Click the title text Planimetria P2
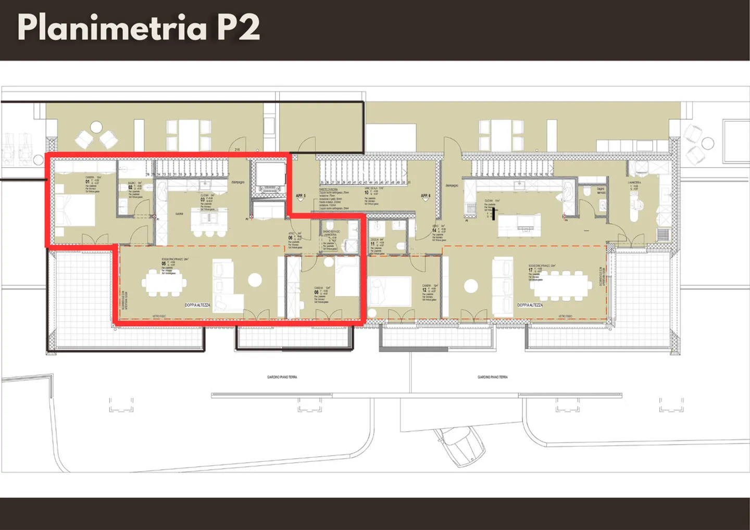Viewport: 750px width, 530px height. pos(138,27)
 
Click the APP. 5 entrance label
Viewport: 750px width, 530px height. pos(301,196)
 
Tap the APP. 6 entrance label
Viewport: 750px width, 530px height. pos(426,196)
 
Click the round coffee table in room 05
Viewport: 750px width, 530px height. pos(255,280)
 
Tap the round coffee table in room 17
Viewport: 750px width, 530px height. pos(471,286)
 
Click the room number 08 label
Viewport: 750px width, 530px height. pos(316,292)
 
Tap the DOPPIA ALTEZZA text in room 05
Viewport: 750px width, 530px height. pos(197,305)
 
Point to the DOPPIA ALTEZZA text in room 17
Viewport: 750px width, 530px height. pos(530,305)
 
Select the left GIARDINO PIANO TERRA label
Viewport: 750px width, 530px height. pos(282,377)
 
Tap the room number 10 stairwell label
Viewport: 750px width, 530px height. pos(367,193)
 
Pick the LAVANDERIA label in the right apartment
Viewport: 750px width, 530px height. pos(634,183)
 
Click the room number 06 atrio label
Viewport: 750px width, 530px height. pos(291,237)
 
